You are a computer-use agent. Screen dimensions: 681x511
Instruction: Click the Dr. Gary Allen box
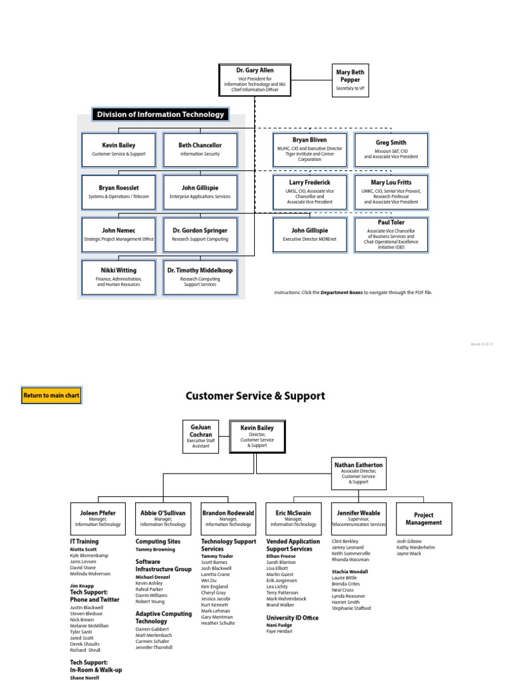[x=255, y=80]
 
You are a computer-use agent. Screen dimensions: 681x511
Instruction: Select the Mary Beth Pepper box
[x=349, y=80]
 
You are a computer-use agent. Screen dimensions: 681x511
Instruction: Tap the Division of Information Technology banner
[x=160, y=114]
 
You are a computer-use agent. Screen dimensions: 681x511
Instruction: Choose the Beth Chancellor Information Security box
[x=200, y=149]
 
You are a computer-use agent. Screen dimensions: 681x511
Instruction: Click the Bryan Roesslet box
[x=118, y=192]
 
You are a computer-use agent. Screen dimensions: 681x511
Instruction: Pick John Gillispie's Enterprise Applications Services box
[x=200, y=192]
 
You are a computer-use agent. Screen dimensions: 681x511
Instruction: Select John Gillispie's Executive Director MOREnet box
[x=309, y=234]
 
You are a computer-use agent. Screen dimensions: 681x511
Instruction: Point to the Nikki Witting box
[x=118, y=276]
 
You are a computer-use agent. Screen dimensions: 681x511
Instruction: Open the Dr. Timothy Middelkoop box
[x=200, y=276]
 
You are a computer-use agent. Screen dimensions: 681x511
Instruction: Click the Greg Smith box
[x=391, y=149]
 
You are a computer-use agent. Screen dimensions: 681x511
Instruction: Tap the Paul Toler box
[x=391, y=234]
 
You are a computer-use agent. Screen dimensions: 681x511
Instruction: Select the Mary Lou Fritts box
[x=391, y=192]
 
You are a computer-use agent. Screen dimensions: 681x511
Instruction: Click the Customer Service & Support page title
[x=255, y=396]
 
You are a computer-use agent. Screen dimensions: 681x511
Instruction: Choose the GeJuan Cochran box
[x=200, y=436]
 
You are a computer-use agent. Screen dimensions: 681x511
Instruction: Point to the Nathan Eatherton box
[x=358, y=473]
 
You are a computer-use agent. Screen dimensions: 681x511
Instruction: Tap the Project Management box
[x=424, y=519]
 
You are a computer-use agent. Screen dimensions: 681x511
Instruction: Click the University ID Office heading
[x=292, y=618]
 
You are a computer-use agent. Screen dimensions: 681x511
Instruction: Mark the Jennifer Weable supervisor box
[x=359, y=519]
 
